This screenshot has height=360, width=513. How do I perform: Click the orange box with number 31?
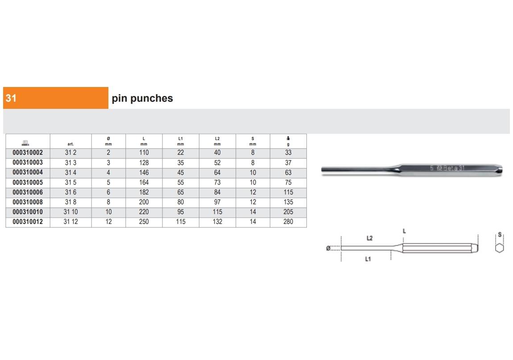(x=56, y=98)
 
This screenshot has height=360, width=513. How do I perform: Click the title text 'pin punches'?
(x=142, y=98)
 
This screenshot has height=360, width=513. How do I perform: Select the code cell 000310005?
(x=28, y=182)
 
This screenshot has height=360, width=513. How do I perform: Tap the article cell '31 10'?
(x=70, y=212)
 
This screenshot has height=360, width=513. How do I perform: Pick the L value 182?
(x=144, y=192)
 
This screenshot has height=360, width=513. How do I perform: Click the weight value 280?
(x=288, y=222)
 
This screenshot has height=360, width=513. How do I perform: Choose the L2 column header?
(x=217, y=141)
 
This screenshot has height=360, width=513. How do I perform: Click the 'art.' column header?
(x=70, y=144)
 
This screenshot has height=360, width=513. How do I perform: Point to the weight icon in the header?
(x=288, y=138)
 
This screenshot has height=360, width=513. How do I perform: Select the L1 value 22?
(x=181, y=153)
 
